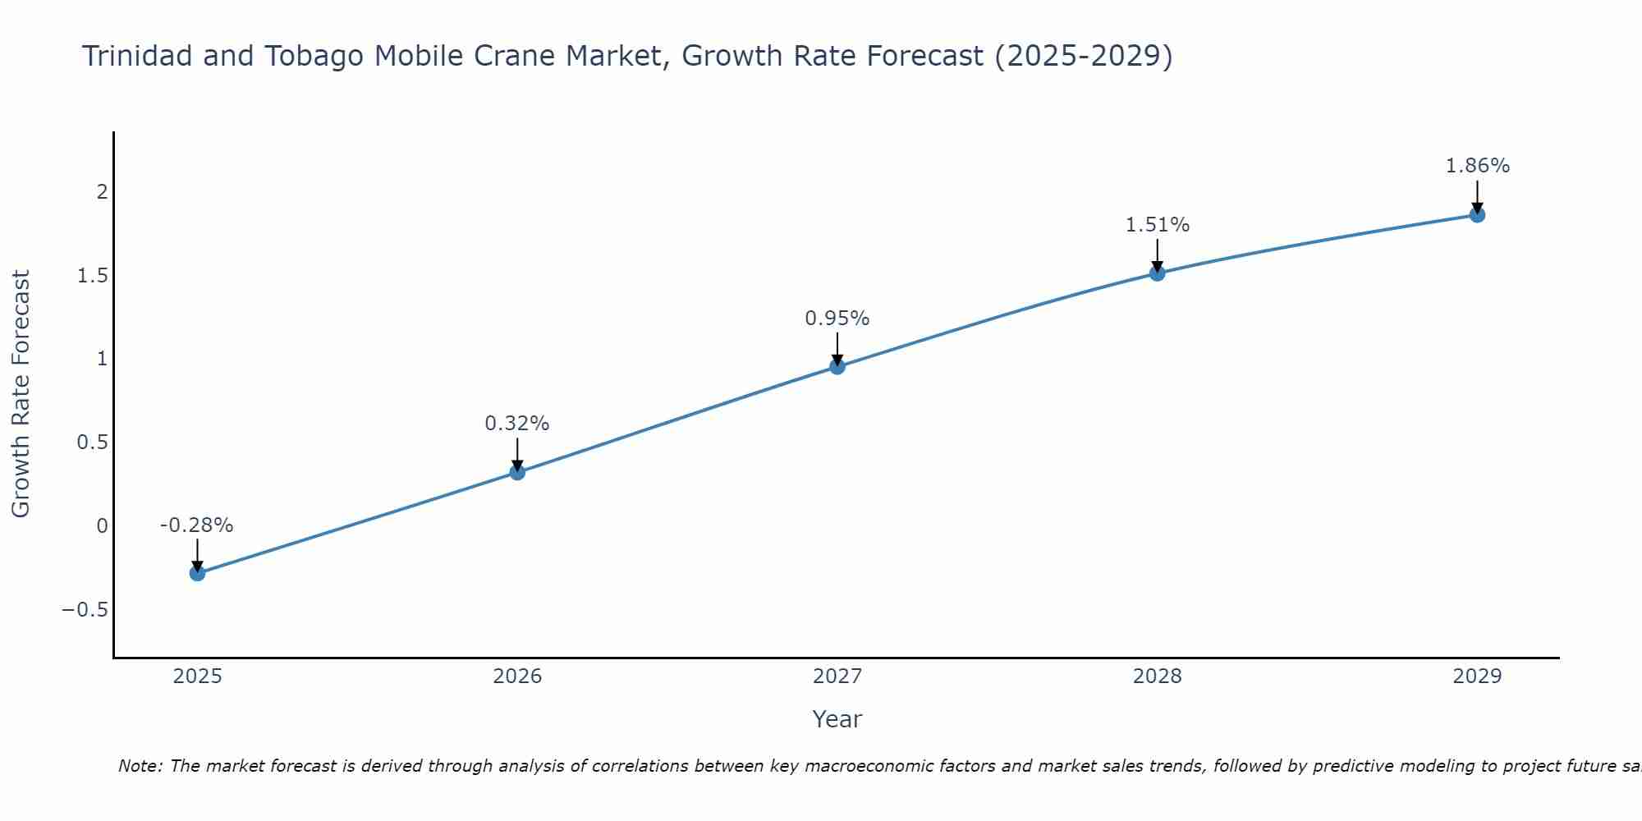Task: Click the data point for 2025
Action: (x=197, y=573)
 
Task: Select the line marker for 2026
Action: (x=517, y=472)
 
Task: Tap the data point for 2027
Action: (x=837, y=366)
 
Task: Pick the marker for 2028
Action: (x=1157, y=273)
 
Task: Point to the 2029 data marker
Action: (x=1477, y=215)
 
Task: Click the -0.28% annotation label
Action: (x=196, y=525)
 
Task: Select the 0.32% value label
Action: (x=516, y=424)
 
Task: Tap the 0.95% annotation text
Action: (x=837, y=319)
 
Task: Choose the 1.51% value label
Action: (x=1157, y=225)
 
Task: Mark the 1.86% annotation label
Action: (x=1477, y=166)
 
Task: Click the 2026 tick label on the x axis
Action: (x=517, y=677)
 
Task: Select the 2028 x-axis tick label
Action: (x=1157, y=677)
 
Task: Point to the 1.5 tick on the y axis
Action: (x=93, y=276)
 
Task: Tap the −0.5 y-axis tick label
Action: (x=85, y=610)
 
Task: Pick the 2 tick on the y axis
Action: (x=103, y=192)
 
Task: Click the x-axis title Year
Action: (x=837, y=720)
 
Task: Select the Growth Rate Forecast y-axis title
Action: (x=21, y=394)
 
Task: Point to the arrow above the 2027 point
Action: (x=837, y=347)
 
